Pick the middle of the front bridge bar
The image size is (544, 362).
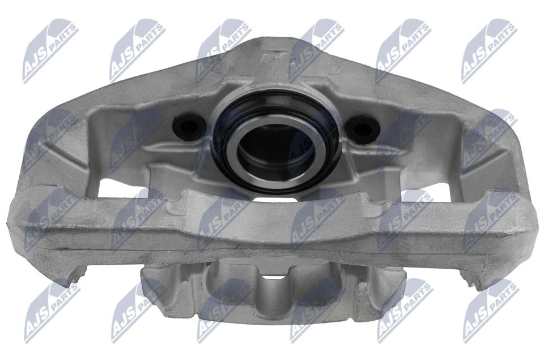272,226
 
